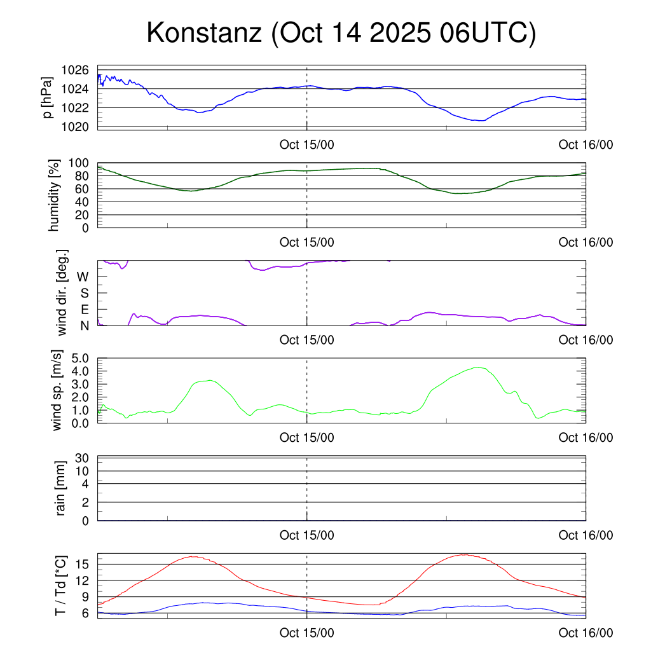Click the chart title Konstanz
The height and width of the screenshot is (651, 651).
tap(204, 33)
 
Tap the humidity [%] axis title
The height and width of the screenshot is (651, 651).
tap(54, 195)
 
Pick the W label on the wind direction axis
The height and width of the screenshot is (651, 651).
tap(83, 277)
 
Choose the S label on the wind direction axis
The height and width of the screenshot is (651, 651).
tap(84, 293)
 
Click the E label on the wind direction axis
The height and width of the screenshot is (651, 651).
tap(84, 310)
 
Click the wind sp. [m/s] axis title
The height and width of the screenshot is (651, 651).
tap(58, 391)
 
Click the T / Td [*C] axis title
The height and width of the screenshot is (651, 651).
tap(60, 586)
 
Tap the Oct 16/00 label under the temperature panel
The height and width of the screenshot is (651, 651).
tap(586, 633)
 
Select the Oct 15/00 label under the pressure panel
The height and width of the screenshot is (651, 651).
tap(306, 144)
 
